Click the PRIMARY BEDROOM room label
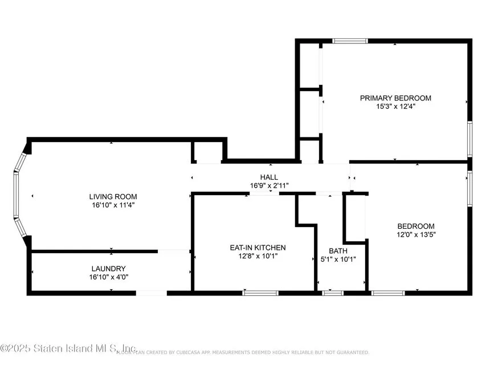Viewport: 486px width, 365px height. pos(395,98)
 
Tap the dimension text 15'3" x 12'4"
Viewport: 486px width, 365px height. pos(395,107)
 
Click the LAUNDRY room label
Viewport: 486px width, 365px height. pos(108,269)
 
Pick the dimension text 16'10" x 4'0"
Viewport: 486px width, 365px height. pos(108,277)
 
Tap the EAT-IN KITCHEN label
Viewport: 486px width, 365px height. pos(258,248)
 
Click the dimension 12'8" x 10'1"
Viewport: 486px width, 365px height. pos(258,256)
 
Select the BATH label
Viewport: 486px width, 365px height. pos(338,251)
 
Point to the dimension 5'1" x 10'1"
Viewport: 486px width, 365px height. pos(338,259)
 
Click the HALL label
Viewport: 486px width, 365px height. pos(269,177)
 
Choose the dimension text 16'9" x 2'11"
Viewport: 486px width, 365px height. pos(269,186)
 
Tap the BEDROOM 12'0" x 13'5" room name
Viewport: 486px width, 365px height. pos(416,226)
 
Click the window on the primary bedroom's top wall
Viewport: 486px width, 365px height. pos(350,41)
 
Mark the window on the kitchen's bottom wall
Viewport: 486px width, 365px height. pos(260,293)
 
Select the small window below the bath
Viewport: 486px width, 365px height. pos(333,293)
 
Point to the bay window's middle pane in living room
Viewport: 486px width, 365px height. pos(17,194)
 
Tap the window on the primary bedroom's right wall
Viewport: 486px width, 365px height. pos(470,138)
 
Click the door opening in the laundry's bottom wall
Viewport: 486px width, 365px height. pos(151,293)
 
